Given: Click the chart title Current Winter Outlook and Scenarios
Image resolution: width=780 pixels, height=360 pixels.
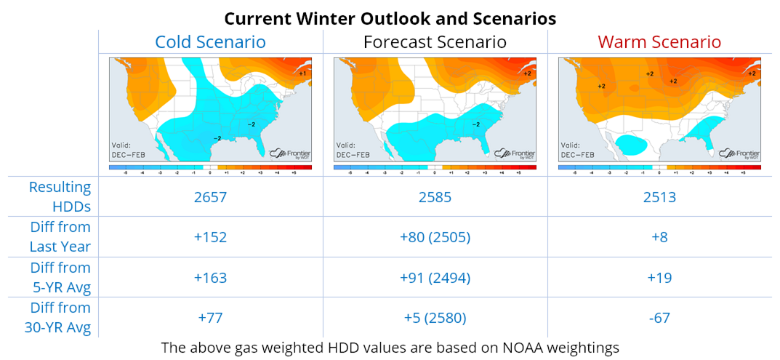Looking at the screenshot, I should pyautogui.click(x=390, y=17).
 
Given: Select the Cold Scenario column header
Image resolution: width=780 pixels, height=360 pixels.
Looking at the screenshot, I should pyautogui.click(x=210, y=41).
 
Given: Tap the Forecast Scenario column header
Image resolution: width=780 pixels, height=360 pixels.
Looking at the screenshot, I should pyautogui.click(x=435, y=41).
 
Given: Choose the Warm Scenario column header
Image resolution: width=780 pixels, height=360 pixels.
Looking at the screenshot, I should pyautogui.click(x=659, y=41).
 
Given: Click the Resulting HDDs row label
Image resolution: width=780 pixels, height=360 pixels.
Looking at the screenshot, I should pyautogui.click(x=60, y=196).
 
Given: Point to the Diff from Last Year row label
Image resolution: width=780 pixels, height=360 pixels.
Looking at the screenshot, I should pyautogui.click(x=60, y=236).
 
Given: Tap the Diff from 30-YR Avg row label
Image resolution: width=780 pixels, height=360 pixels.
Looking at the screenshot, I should pyautogui.click(x=60, y=318).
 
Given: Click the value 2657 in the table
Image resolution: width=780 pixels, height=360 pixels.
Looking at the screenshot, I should pyautogui.click(x=211, y=197).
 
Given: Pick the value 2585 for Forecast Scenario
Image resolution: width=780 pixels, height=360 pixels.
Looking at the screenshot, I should pyautogui.click(x=435, y=197).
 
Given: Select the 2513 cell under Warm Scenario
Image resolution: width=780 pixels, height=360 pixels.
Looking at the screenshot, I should pyautogui.click(x=659, y=197).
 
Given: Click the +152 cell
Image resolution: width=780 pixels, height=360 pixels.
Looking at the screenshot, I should pyautogui.click(x=211, y=237).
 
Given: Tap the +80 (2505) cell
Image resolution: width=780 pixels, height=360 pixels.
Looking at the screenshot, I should pyautogui.click(x=435, y=237).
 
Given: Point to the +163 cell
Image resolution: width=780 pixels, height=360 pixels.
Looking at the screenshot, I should pyautogui.click(x=211, y=278).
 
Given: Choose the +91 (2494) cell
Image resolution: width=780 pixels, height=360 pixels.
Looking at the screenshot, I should pyautogui.click(x=435, y=278).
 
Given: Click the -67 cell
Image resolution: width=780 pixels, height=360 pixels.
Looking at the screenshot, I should pyautogui.click(x=659, y=318).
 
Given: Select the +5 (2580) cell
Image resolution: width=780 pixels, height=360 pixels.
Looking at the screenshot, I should pyautogui.click(x=435, y=318).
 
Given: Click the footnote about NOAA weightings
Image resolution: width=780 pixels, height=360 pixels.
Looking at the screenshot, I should pyautogui.click(x=390, y=348).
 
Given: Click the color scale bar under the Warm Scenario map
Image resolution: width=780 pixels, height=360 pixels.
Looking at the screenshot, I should pyautogui.click(x=659, y=168).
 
